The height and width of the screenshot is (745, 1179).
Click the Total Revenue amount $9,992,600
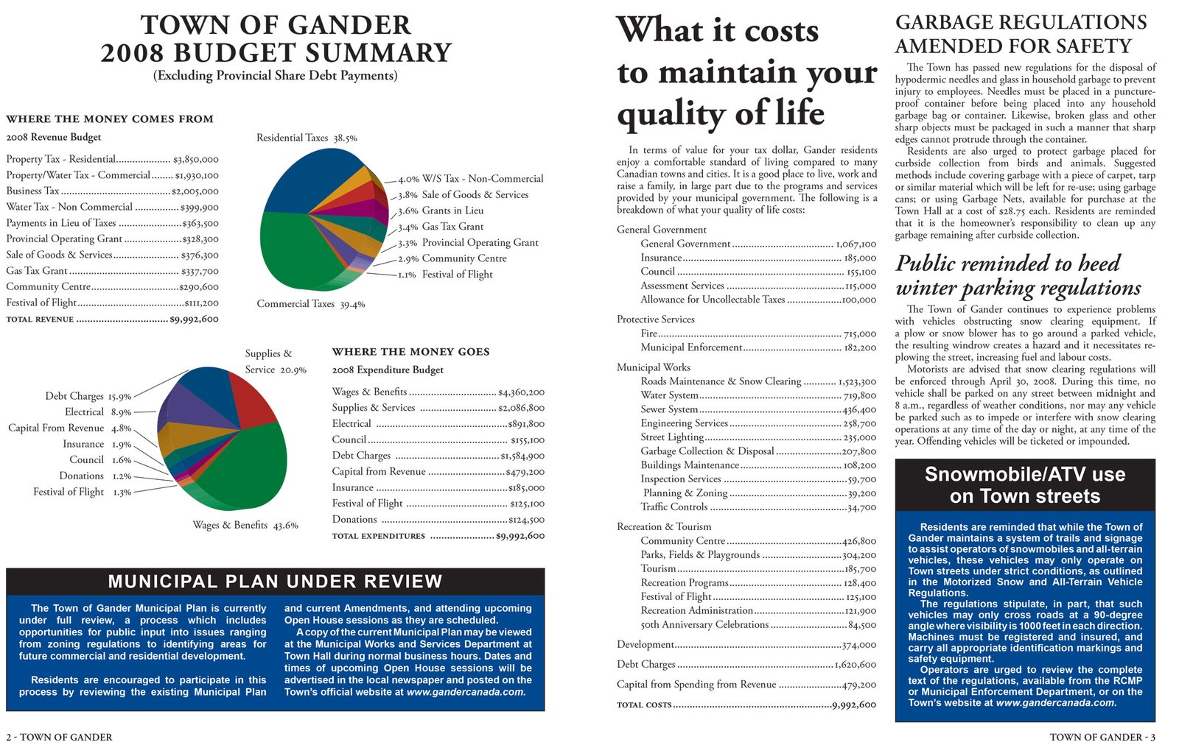[x=194, y=319]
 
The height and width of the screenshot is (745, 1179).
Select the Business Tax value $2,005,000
[x=195, y=191]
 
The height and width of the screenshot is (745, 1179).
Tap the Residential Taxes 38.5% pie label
[x=307, y=138]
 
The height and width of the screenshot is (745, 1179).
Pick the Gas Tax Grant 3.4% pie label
[x=441, y=227]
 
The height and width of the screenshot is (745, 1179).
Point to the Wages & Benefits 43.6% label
[x=245, y=526]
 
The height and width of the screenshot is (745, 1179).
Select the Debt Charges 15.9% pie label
[x=88, y=396]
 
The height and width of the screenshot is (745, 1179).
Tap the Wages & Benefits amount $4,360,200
[x=521, y=392]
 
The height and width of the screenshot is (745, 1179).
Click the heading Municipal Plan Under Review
[x=275, y=582]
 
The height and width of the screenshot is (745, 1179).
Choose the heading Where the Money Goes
[x=410, y=352]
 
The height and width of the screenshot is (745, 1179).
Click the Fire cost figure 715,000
[x=860, y=334]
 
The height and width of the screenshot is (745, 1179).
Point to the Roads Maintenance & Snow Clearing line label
[x=721, y=381]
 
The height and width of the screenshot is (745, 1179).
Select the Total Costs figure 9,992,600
[x=854, y=705]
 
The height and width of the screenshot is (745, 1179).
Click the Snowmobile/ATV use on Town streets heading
[x=1025, y=485]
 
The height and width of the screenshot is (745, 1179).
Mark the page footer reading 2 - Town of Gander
[x=59, y=737]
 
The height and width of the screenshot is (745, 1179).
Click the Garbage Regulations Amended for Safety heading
[x=1021, y=34]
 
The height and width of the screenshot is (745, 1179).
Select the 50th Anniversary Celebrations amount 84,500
[x=862, y=625]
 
